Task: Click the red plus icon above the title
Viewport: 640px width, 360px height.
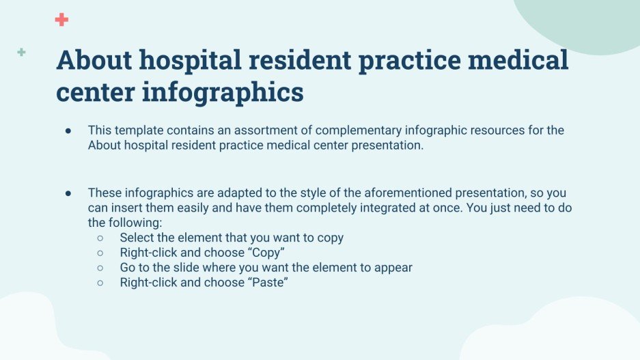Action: click(61, 20)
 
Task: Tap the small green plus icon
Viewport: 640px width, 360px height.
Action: click(22, 52)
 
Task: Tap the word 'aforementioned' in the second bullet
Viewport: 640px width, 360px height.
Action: click(393, 193)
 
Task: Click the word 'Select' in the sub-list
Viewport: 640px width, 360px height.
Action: click(137, 238)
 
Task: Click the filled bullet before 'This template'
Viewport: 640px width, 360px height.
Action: click(68, 130)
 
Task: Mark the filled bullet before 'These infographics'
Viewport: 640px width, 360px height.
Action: click(68, 193)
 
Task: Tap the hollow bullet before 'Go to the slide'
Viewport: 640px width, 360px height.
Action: click(100, 268)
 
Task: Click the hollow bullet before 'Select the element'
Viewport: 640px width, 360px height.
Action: click(100, 238)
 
